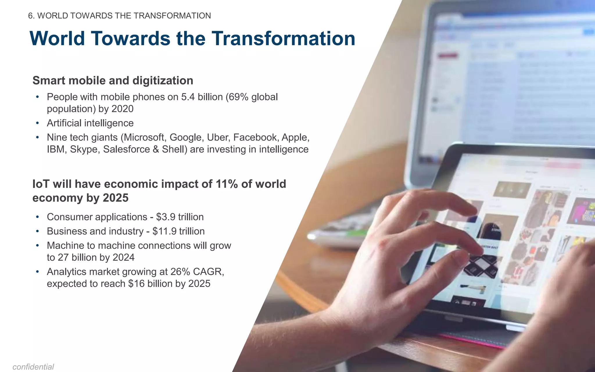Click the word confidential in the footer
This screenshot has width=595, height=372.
[33, 367]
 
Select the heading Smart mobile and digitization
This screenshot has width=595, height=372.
[113, 81]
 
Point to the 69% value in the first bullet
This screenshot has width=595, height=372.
[239, 97]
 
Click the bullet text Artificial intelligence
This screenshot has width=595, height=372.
[90, 123]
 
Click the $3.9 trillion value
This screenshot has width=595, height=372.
[180, 217]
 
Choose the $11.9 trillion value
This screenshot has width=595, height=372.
[178, 231]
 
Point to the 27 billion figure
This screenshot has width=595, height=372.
[76, 257]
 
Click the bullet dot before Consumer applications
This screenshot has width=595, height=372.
[37, 217]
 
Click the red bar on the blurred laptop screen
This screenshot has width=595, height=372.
[448, 56]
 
